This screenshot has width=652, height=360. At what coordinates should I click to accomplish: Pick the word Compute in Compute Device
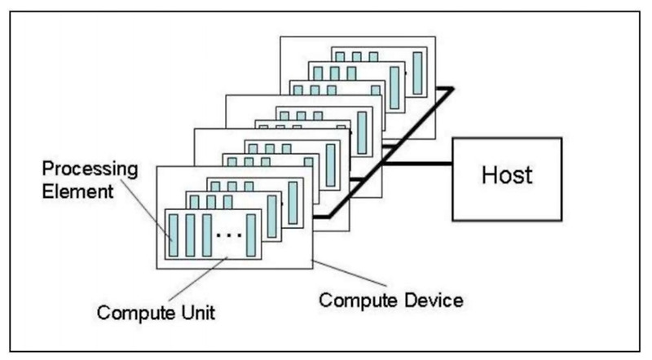tap(355, 299)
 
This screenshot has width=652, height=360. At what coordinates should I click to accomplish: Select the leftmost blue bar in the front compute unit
tap(173, 235)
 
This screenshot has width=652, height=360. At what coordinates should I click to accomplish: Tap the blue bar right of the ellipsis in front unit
tap(252, 235)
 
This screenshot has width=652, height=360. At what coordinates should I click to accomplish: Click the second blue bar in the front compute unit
tap(190, 235)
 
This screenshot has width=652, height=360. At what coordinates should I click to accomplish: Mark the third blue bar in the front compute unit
tap(207, 235)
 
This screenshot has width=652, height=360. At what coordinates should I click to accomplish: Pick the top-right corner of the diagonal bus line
tap(450, 90)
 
